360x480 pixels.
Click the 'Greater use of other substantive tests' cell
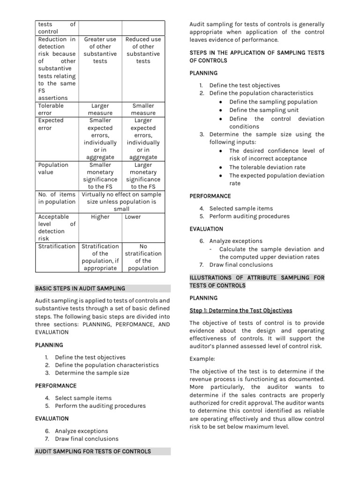100,50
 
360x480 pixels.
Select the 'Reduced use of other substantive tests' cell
143,50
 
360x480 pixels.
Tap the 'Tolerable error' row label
51,109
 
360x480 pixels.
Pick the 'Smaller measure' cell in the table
143,109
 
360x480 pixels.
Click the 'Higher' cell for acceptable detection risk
100,217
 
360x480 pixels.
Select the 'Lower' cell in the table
133,217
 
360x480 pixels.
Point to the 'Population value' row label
53,168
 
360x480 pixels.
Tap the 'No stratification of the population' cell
143,257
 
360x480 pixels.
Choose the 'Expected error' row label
51,124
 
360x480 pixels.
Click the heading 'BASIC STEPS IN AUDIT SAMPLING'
80,288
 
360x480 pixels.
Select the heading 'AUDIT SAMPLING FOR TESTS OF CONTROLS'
93,451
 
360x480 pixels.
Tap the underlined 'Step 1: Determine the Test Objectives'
240,310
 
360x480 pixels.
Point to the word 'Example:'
202,358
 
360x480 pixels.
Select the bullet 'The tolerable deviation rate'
267,167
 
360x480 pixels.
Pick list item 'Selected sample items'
241,209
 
